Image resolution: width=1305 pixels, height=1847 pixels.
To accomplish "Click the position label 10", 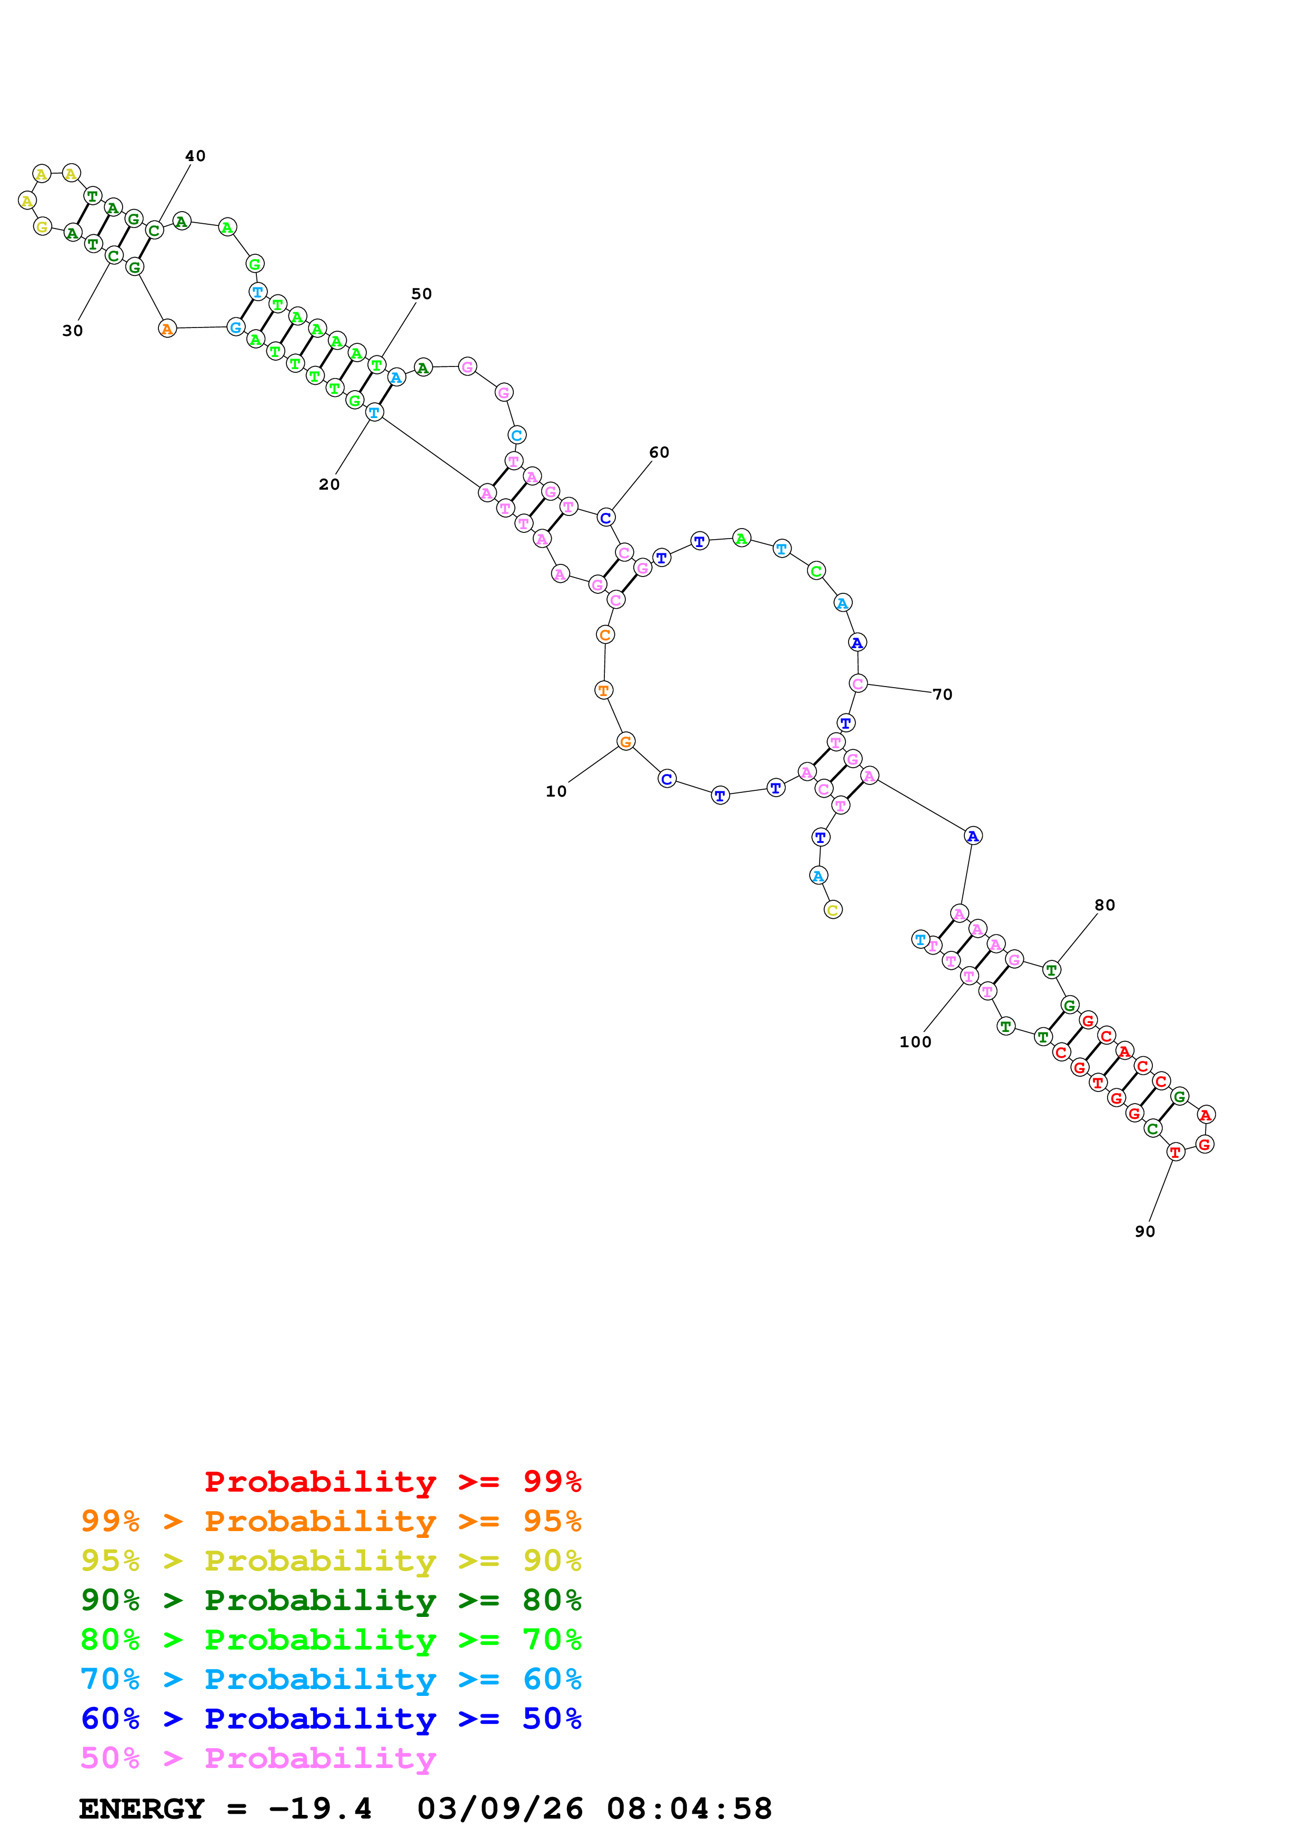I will click(555, 791).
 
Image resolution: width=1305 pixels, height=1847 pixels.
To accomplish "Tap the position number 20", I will click(329, 484).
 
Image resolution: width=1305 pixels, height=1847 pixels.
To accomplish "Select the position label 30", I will click(72, 331).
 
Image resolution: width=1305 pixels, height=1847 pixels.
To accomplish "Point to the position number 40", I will click(195, 156).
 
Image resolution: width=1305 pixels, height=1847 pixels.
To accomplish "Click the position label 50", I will click(421, 294).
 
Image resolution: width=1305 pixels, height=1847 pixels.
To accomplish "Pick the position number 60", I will click(659, 452).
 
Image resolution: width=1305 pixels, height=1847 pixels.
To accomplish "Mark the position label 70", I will click(942, 694).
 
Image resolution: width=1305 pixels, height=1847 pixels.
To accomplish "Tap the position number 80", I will click(1105, 905).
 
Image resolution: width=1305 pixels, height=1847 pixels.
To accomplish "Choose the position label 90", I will click(1145, 1231).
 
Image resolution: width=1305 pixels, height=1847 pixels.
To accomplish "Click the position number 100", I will click(915, 1042).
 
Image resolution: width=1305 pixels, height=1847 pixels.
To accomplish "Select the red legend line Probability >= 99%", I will click(392, 1481).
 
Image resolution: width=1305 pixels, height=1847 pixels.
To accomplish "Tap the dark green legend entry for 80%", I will click(331, 1600).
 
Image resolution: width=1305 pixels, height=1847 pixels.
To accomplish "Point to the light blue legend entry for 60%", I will click(331, 1679).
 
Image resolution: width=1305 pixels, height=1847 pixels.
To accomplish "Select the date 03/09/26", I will click(500, 1809).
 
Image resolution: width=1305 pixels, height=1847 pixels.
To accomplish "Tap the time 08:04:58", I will click(689, 1809).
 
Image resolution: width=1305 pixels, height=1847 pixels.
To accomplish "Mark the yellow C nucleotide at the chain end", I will click(833, 910).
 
